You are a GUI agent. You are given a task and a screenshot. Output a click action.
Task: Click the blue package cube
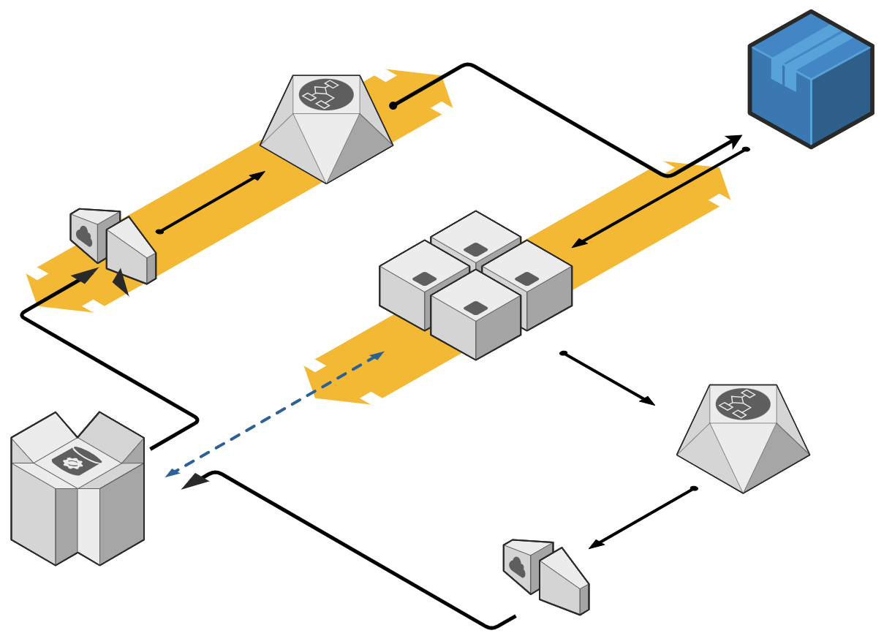(812, 80)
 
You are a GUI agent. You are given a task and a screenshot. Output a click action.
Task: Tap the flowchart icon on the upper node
(326, 94)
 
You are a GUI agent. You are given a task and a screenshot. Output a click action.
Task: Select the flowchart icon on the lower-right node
(743, 404)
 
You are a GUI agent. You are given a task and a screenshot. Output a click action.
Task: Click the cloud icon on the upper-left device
(84, 236)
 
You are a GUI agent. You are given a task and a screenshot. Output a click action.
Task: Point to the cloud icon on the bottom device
(517, 566)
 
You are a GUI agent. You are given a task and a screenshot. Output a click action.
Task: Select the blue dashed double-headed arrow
(275, 414)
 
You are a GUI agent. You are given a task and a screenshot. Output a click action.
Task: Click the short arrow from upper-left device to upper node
(211, 202)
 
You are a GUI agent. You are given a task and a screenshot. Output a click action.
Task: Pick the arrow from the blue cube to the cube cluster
(658, 198)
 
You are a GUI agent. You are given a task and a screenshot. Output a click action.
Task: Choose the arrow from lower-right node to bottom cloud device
(641, 518)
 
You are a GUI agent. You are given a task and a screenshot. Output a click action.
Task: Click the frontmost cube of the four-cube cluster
(475, 318)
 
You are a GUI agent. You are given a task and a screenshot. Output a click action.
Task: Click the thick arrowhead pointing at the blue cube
(733, 140)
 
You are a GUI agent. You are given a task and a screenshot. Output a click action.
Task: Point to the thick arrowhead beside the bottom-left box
(194, 480)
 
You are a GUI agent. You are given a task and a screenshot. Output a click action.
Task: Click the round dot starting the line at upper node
(393, 106)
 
